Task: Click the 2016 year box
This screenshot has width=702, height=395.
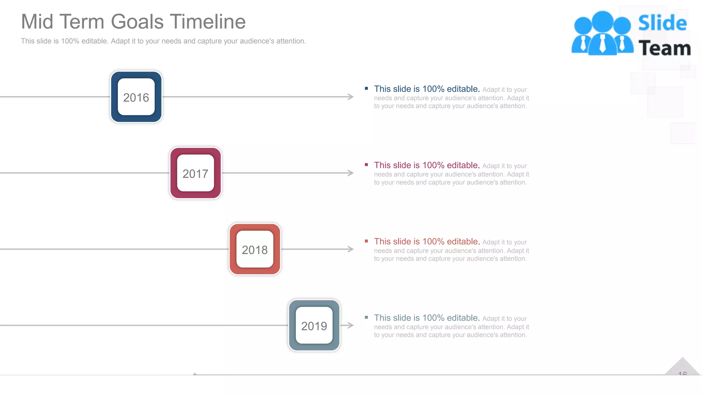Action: click(136, 97)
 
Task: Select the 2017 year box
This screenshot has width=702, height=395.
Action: click(195, 173)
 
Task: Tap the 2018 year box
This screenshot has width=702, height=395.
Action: click(255, 249)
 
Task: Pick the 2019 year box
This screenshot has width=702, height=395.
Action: click(314, 325)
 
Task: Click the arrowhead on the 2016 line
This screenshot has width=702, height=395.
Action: click(351, 97)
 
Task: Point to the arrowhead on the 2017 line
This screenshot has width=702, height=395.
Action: click(351, 173)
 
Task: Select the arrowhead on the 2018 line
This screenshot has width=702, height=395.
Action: click(351, 249)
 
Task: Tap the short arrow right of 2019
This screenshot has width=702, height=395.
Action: click(348, 325)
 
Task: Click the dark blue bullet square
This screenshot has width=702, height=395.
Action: click(366, 88)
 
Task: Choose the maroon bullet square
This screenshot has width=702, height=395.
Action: click(366, 165)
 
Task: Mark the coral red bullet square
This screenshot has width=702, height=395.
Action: click(366, 241)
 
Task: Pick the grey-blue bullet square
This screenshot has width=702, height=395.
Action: click(366, 318)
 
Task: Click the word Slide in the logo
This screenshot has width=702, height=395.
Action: click(662, 23)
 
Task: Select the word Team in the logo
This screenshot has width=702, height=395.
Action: click(664, 48)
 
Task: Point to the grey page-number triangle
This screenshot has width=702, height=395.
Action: click(682, 368)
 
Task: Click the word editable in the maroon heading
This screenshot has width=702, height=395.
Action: click(463, 165)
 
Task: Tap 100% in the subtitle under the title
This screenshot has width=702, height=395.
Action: click(70, 41)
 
